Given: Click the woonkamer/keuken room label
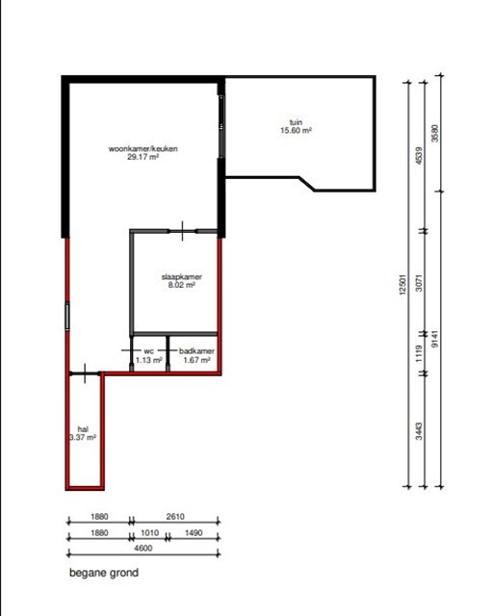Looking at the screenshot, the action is tap(143, 148).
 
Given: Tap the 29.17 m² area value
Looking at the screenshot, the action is tap(142, 157).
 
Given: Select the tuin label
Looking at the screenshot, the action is tap(296, 122).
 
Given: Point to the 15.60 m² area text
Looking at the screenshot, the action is tap(296, 131).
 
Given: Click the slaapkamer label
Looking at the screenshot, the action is tap(182, 277).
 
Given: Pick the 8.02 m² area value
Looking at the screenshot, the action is tap(182, 285).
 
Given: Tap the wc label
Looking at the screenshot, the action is tap(149, 350).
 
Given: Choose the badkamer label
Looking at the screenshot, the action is tap(196, 350).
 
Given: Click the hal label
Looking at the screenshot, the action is tap(83, 429).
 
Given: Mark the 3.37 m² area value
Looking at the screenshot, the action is tap(83, 437).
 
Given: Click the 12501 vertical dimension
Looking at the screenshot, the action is tap(401, 285).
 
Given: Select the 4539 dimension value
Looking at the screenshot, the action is tap(419, 156).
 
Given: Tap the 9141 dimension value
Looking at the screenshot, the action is tap(434, 339).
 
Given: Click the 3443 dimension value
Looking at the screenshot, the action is tap(419, 431).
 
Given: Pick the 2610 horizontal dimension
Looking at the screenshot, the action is tap(175, 517).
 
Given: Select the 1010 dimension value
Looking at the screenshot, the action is tap(150, 533).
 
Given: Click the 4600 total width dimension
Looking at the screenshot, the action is tap(143, 548).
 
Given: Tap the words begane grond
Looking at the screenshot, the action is tap(104, 573).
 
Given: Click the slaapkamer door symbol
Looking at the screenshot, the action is tap(182, 231).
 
